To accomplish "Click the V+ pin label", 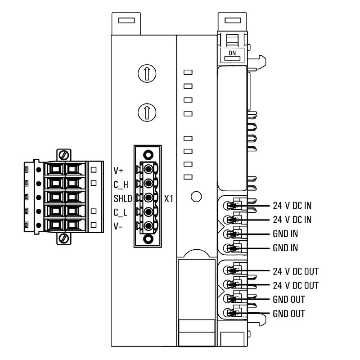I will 118,171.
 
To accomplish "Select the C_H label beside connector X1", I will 120,184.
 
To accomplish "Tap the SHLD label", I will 122,198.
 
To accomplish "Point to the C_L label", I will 120,212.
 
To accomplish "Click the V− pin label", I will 118,226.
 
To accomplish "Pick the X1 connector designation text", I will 169,198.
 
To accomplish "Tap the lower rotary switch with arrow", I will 146,112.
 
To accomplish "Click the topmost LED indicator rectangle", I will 189,72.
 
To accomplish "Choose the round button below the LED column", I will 196,197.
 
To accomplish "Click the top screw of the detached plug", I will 64,155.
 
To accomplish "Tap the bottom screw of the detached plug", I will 64,238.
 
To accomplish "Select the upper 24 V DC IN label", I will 292,206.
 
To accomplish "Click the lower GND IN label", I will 285,248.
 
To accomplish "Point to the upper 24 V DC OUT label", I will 296,271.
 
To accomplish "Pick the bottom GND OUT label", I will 289,314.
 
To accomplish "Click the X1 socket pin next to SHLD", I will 147,197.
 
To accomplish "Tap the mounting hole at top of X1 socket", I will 146,153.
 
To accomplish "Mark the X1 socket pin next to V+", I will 147,169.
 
